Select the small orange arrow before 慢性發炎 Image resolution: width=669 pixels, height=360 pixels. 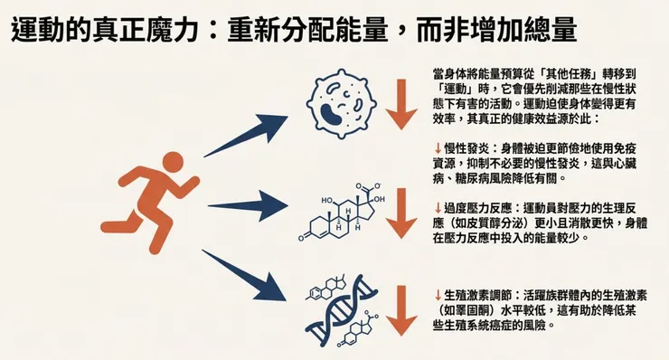(438, 147)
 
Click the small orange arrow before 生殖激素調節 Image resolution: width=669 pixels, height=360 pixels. (438, 295)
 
